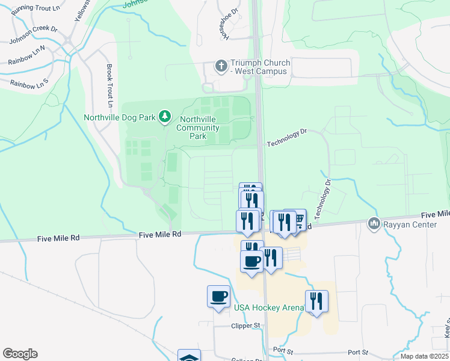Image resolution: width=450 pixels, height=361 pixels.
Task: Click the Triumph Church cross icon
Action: tap(221, 66)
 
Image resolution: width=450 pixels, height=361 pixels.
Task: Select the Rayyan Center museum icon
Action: tap(374, 224)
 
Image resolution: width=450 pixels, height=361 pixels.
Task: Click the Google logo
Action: tap(20, 354)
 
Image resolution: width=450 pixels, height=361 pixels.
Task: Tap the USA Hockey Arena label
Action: tap(269, 308)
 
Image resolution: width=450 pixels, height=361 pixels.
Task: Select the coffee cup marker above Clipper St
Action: tap(218, 296)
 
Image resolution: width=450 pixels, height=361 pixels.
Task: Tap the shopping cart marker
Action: tap(297, 220)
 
